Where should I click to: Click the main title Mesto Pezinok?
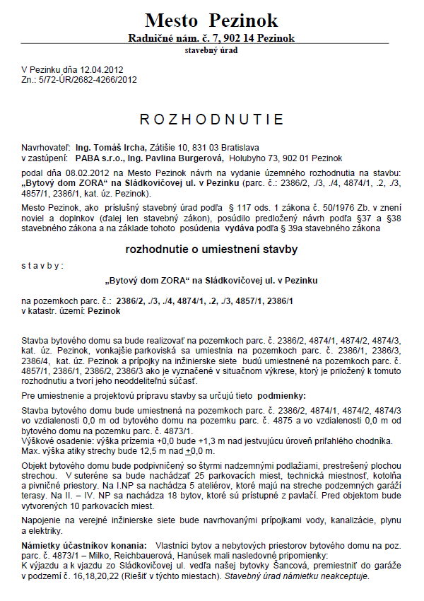coord(211,19)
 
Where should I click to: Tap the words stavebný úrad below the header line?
coord(211,51)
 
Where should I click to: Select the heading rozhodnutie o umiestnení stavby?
coord(211,250)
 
